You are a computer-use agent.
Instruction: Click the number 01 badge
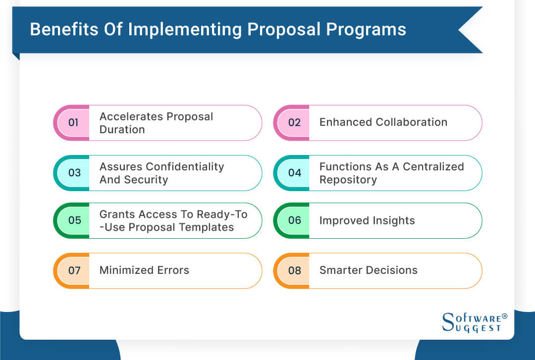tap(73, 122)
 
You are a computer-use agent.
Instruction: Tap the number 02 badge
tap(294, 122)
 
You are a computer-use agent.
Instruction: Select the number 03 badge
tap(74, 173)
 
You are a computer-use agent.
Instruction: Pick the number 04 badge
tap(295, 173)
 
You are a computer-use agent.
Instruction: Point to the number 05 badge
tap(74, 220)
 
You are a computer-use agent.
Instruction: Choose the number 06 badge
tap(295, 220)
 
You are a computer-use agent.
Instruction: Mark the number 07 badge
tap(74, 270)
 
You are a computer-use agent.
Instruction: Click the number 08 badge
tap(295, 270)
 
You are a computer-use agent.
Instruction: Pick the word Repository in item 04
tap(348, 180)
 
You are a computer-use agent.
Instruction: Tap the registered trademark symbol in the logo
tap(505, 315)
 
